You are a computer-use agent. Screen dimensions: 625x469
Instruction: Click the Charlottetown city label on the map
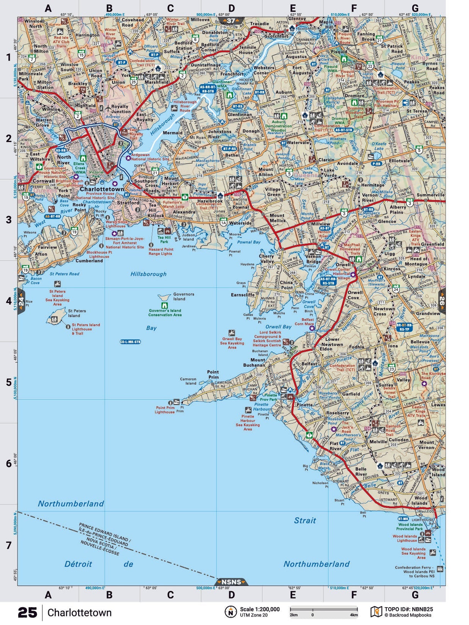click(102, 189)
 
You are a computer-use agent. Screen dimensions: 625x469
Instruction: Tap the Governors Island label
click(184, 296)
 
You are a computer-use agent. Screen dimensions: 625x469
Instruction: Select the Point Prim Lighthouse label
click(165, 410)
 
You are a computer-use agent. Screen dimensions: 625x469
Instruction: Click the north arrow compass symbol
click(231, 612)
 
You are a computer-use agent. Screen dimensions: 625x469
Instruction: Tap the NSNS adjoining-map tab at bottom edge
click(231, 582)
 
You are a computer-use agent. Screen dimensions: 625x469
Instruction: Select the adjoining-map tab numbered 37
click(231, 21)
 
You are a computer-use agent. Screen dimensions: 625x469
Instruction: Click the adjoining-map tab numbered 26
click(442, 301)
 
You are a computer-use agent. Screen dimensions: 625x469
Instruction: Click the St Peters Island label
click(77, 313)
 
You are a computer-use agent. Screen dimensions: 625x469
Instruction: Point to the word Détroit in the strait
click(78, 564)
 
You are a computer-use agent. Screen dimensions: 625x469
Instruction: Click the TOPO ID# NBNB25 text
click(408, 609)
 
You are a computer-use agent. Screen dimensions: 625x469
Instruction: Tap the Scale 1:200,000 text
click(260, 609)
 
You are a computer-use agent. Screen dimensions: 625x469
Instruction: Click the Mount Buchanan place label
click(254, 362)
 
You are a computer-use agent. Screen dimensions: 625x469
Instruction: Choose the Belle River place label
click(361, 471)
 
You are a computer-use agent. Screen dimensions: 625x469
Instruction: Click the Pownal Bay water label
click(248, 242)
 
